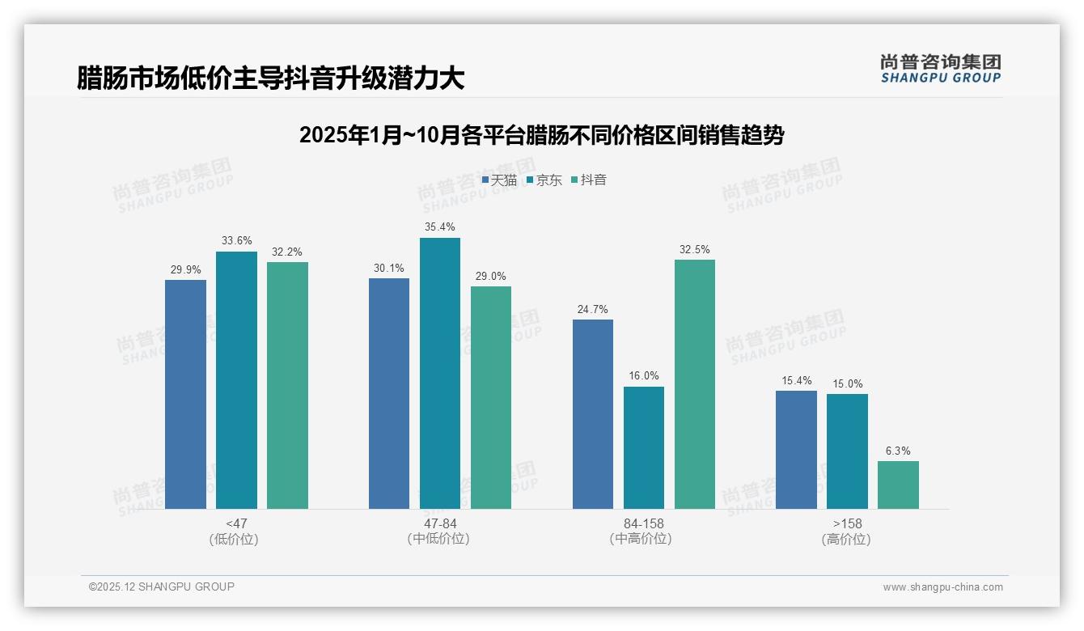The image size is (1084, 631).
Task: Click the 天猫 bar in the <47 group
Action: (x=185, y=394)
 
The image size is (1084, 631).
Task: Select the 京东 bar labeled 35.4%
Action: (x=439, y=373)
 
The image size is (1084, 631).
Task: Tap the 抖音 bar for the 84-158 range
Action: (x=694, y=384)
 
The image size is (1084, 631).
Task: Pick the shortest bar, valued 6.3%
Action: (x=898, y=485)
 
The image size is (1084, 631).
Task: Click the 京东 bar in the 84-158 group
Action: (x=643, y=447)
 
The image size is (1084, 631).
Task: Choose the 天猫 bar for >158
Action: (x=796, y=450)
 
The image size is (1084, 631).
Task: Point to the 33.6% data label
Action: (x=236, y=240)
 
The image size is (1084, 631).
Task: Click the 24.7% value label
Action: (x=592, y=309)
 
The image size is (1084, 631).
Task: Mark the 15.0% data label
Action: (x=847, y=383)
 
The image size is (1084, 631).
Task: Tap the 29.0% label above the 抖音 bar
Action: (x=490, y=276)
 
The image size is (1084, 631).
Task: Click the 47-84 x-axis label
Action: (x=439, y=523)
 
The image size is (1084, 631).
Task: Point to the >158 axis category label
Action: (x=846, y=523)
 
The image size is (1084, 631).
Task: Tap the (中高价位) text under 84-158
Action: (x=643, y=539)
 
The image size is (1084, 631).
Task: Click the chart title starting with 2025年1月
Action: (x=541, y=135)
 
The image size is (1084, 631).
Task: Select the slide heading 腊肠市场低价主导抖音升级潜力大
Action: (x=270, y=78)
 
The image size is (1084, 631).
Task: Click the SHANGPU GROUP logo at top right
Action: (x=940, y=69)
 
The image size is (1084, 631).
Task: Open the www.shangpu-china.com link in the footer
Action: (x=942, y=587)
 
